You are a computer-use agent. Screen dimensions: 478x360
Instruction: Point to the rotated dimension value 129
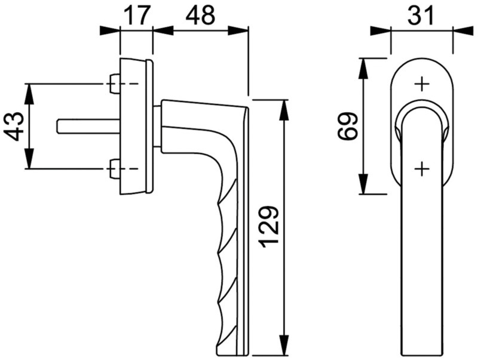[x=268, y=226]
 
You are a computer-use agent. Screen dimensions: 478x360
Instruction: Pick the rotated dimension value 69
[x=348, y=126]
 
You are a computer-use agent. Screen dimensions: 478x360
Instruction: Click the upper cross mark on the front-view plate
[x=422, y=84]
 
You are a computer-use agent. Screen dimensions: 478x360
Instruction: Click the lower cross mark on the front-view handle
[x=422, y=168]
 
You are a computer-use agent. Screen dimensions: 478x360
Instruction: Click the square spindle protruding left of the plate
[x=88, y=126]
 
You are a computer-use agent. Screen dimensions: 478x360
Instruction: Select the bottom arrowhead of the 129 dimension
[x=284, y=344]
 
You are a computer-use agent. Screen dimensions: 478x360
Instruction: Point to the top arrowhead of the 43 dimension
[x=29, y=94]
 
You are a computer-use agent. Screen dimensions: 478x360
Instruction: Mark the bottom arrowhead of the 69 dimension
[x=363, y=184]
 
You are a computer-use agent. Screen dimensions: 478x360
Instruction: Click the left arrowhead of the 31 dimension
[x=381, y=31]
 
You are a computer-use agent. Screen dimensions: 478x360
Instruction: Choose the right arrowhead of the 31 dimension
[x=463, y=31]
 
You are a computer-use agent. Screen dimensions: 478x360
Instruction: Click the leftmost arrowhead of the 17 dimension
[x=111, y=31]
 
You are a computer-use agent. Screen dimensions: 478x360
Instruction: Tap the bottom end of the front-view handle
[x=422, y=353]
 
